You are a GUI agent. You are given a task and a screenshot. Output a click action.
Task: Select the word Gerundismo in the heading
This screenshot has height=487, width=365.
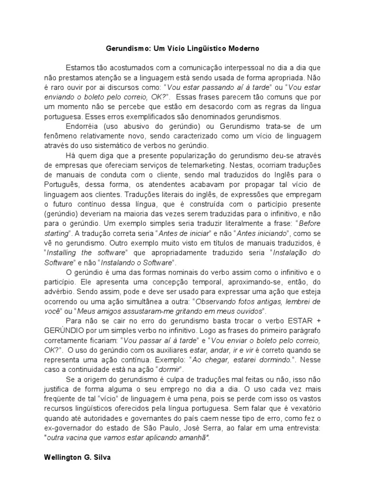tap(125, 49)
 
